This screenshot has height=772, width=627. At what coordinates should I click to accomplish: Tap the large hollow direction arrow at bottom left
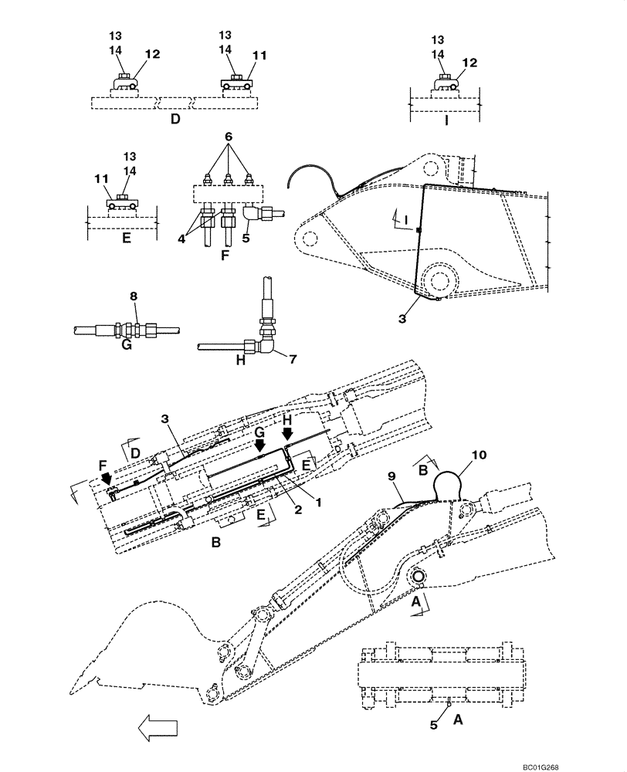(x=158, y=727)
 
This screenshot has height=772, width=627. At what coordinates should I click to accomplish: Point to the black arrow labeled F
(x=106, y=481)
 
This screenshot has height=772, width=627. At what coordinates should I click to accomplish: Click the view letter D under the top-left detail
(x=175, y=121)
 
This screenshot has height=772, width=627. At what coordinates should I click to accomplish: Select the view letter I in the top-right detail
(x=446, y=121)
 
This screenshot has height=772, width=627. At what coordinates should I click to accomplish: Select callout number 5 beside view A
(x=434, y=725)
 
